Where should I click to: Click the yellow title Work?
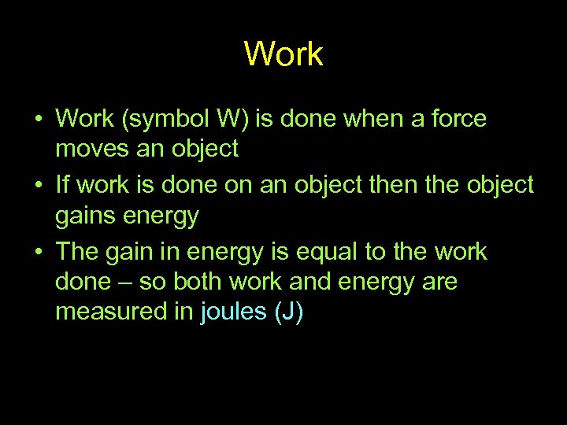(283, 54)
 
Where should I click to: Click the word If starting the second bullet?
(63, 185)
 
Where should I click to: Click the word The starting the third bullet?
(77, 252)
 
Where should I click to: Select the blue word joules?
(234, 312)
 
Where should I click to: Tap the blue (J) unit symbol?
(288, 312)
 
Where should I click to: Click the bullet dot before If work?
(38, 186)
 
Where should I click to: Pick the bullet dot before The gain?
(38, 253)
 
